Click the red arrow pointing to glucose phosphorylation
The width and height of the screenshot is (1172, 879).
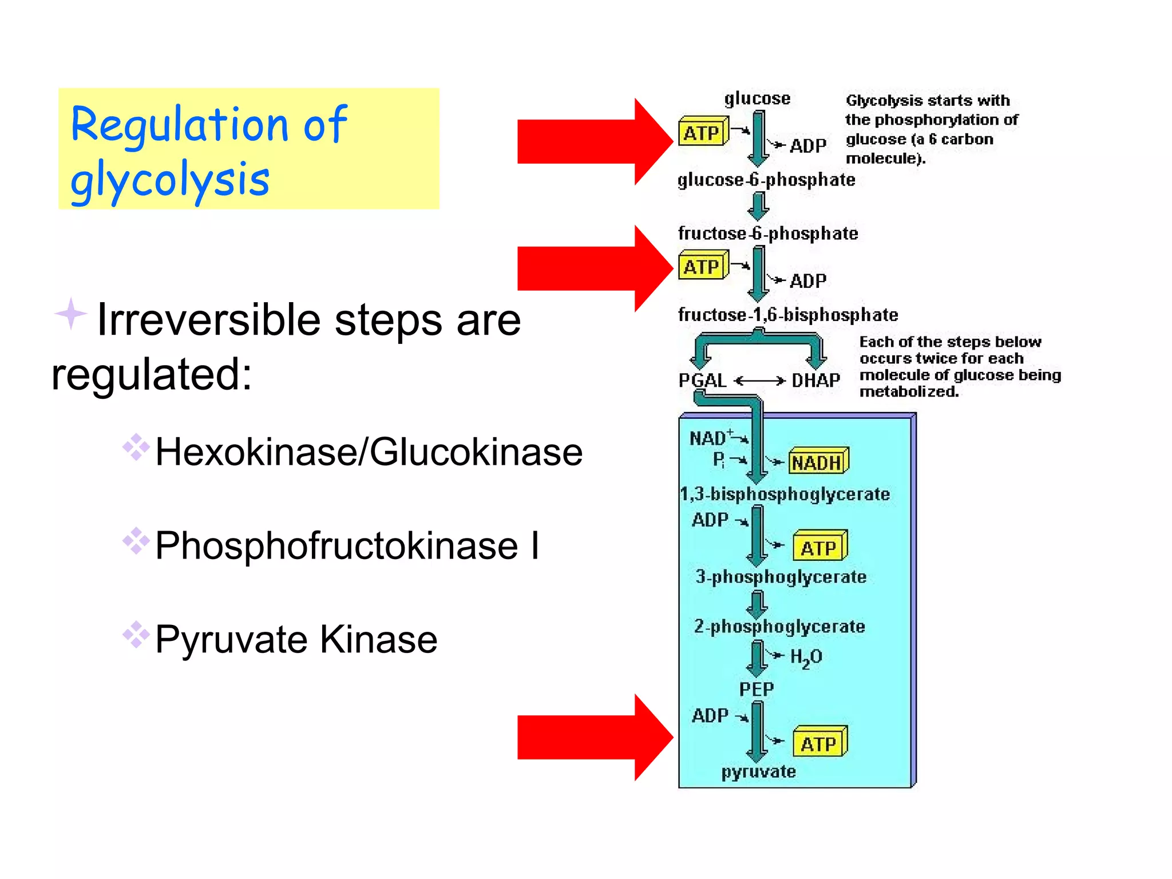[x=589, y=141]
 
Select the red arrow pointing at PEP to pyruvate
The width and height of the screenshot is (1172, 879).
[x=589, y=737]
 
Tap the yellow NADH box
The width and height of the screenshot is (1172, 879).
[x=818, y=462]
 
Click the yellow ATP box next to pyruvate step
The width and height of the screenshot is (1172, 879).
[x=819, y=743]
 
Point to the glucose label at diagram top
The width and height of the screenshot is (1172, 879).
[x=757, y=98]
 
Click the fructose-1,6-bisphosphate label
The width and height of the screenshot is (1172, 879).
[x=787, y=315]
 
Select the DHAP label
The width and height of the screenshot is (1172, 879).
[x=815, y=380]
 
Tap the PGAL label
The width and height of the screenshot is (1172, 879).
[x=702, y=380]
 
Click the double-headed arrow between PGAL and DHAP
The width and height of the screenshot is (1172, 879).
[x=759, y=381]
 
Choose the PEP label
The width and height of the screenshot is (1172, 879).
[x=756, y=689]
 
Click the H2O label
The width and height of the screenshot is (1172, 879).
[x=806, y=657]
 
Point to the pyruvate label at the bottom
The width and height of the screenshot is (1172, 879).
[x=758, y=771]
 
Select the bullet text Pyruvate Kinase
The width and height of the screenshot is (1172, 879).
[x=296, y=639]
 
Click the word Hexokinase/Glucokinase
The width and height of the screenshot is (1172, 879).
[x=369, y=452]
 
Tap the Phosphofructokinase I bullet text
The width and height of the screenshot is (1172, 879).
[x=347, y=545]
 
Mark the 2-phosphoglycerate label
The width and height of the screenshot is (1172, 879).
[x=779, y=627]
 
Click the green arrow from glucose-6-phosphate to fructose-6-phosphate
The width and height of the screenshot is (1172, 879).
[x=759, y=207]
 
